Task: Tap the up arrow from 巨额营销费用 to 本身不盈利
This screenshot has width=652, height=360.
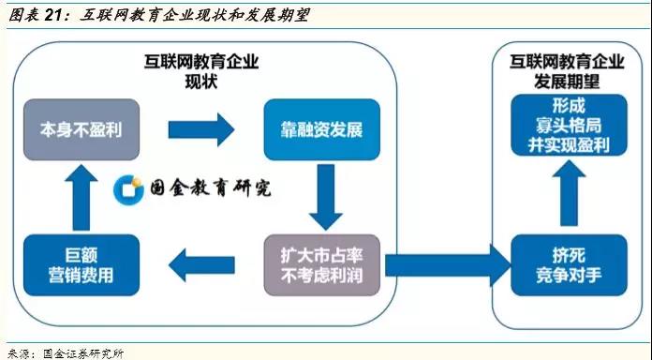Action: (81, 197)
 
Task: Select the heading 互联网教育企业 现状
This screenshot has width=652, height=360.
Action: (200, 71)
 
